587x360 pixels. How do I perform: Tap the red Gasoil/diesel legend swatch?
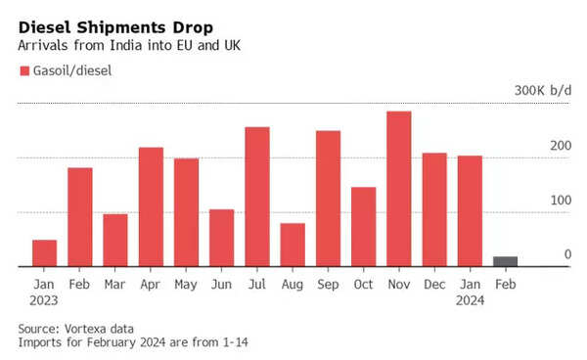[23, 70]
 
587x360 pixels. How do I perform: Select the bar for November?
[399, 189]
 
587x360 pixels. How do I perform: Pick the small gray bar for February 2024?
[505, 261]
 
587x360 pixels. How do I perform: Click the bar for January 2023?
[44, 253]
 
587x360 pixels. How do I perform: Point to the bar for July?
[257, 197]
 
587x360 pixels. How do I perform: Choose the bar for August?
[293, 245]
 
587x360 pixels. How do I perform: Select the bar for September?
[328, 199]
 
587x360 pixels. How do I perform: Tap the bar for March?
[115, 240]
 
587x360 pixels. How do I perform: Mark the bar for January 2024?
[470, 211]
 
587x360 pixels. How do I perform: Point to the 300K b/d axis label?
[543, 90]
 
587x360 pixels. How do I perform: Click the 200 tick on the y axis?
[560, 146]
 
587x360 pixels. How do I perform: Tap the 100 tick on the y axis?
[560, 201]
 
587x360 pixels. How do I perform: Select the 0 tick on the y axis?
[566, 254]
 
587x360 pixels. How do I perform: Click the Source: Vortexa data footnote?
[76, 329]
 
